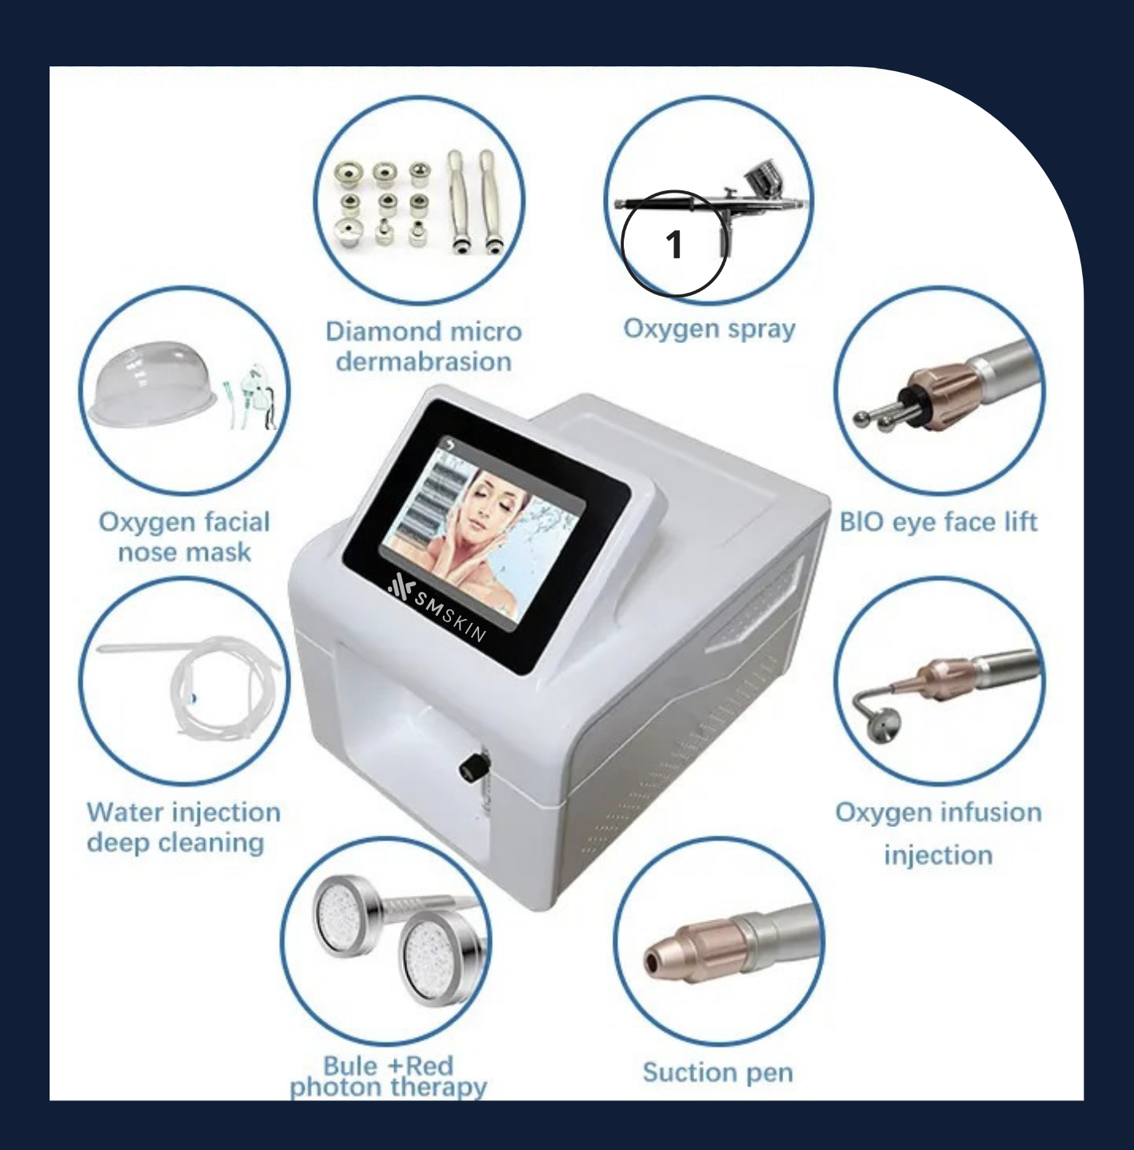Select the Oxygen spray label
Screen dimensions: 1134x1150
709,329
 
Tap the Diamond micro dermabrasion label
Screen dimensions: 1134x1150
424,346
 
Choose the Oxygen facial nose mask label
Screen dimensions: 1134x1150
185,537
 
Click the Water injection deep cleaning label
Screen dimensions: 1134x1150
183,827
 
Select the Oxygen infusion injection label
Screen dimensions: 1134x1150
938,833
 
